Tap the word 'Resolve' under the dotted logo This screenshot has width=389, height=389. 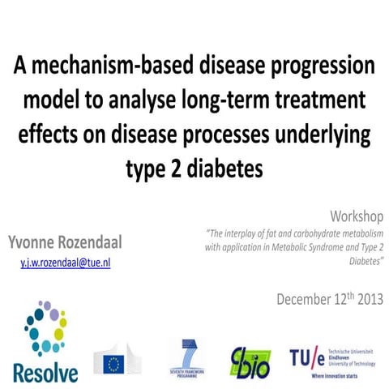pos(45,372)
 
